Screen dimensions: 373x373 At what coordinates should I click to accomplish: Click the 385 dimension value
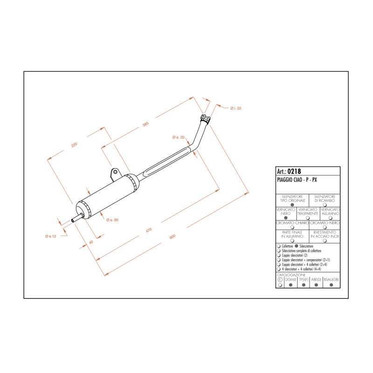(145, 124)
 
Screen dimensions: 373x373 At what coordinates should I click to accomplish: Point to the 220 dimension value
(74, 145)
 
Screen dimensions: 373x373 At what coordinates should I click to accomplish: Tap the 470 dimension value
(149, 230)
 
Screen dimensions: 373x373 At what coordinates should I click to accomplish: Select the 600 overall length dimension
(172, 237)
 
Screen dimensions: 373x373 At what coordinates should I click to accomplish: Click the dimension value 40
(91, 242)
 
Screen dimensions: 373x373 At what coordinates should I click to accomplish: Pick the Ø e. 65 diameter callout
(112, 220)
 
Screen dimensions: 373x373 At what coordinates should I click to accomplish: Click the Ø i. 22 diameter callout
(235, 108)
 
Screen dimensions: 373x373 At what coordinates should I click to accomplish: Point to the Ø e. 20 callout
(179, 137)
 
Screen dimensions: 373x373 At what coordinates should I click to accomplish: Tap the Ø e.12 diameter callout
(50, 236)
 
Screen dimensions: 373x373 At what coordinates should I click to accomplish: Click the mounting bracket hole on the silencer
(115, 173)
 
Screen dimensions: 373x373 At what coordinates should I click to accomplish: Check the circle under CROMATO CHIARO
(292, 228)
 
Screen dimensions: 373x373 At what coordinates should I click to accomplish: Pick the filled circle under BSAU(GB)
(331, 284)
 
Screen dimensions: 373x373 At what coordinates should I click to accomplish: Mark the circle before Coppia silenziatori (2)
(279, 256)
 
